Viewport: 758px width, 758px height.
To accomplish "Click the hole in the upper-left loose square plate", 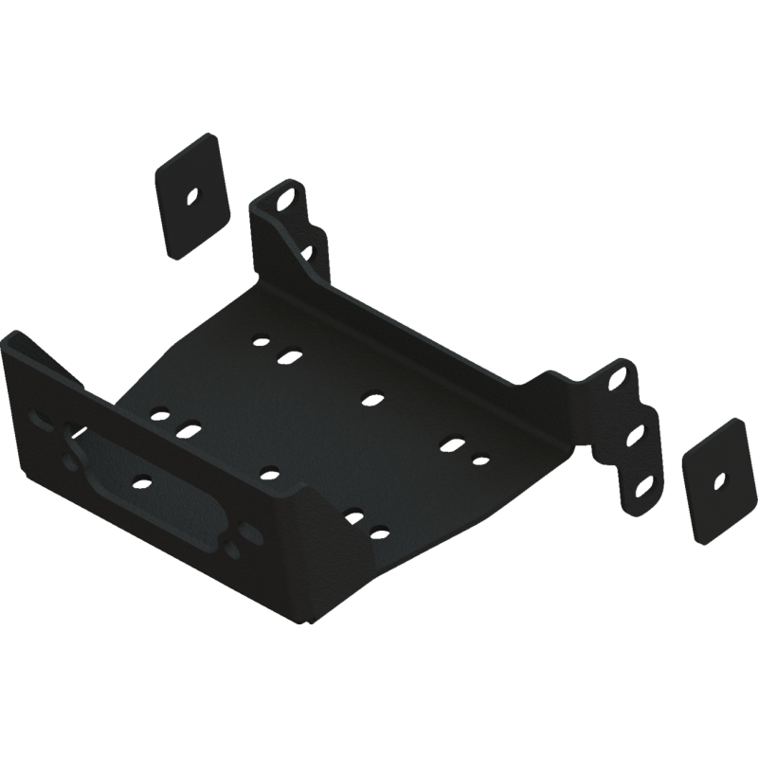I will (192, 197).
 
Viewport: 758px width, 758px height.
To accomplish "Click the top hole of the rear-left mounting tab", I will (286, 201).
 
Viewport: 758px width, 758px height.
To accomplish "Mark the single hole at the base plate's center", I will (370, 398).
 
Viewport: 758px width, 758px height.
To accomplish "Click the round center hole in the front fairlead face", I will (141, 481).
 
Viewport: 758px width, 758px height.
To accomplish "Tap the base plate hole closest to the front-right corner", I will (379, 532).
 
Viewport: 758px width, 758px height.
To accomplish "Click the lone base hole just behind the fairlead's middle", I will (269, 471).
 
